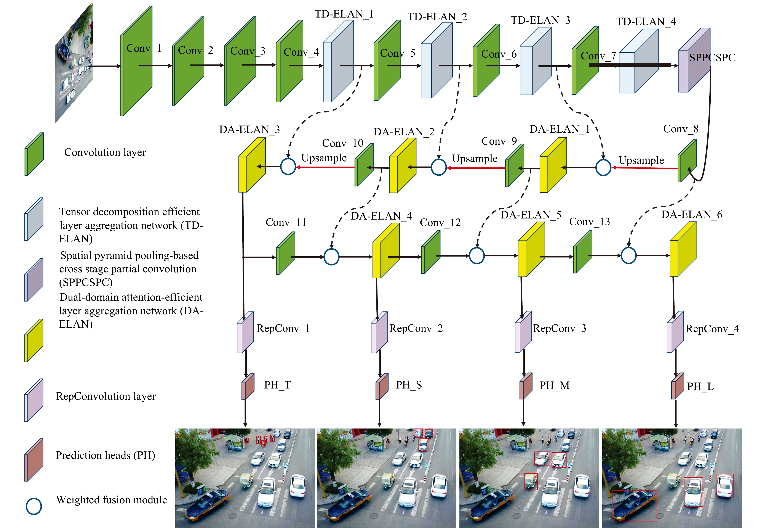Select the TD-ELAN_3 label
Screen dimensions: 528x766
[x=540, y=21]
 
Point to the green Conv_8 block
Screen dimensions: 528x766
[x=687, y=160]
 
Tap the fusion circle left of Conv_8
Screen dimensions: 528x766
[x=603, y=167]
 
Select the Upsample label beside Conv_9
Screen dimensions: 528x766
[x=474, y=159]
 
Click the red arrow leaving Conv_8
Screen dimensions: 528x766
[x=645, y=168]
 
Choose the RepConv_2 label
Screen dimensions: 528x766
[x=416, y=329]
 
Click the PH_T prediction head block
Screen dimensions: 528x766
[x=248, y=386]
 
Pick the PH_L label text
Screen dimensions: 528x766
[x=700, y=386]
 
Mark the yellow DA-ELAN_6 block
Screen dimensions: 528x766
[x=683, y=249]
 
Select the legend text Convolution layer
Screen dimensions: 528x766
[x=105, y=152]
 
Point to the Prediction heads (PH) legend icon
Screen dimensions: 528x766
[x=34, y=460]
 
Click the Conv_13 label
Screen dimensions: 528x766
[x=589, y=222]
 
